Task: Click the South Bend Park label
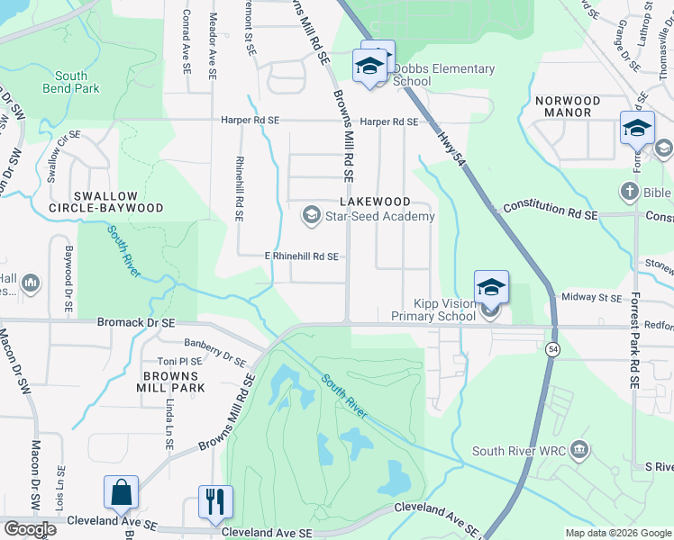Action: tap(71, 82)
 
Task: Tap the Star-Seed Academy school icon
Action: tap(311, 214)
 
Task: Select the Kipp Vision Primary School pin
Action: tap(491, 288)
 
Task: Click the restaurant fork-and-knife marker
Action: tap(215, 502)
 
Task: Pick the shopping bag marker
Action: tap(121, 492)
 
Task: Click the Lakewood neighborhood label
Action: tap(374, 202)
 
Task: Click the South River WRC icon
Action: tap(579, 449)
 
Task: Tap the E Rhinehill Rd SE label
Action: tap(301, 256)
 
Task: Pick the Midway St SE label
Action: tap(591, 298)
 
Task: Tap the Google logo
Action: tap(30, 528)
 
